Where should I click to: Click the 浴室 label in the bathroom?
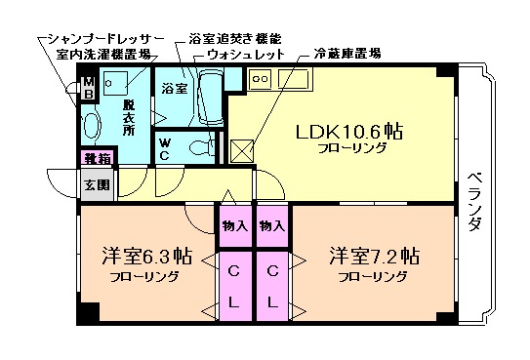click(x=174, y=89)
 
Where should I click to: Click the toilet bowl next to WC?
click(x=201, y=147)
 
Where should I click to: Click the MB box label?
click(x=87, y=88)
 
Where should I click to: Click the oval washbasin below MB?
click(x=90, y=126)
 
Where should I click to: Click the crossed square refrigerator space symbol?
click(x=241, y=149)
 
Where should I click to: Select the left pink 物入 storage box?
click(x=235, y=225)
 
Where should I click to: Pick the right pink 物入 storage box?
click(x=272, y=225)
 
